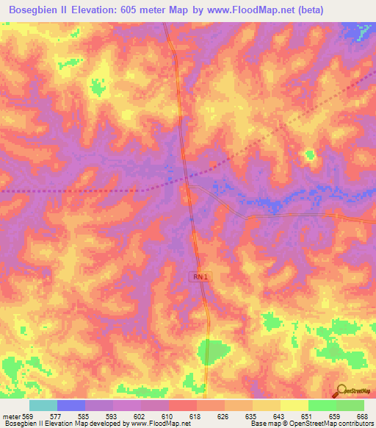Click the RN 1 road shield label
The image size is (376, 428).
coord(200,276)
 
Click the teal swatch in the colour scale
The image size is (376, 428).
coord(43,405)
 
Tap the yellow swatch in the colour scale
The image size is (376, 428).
coord(294,405)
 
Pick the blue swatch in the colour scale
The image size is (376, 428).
coord(71,405)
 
